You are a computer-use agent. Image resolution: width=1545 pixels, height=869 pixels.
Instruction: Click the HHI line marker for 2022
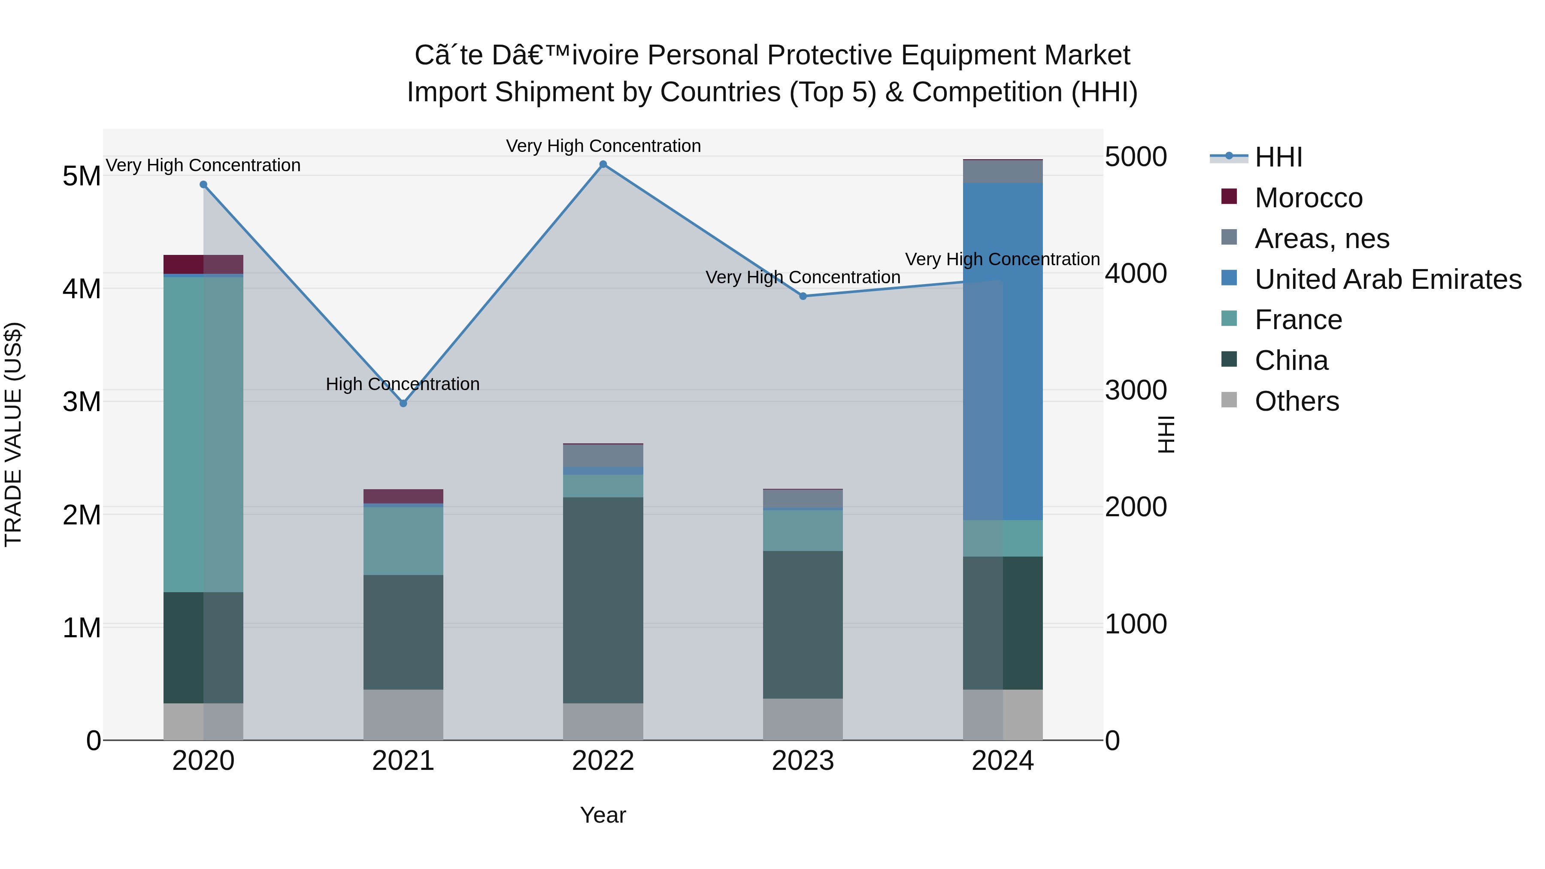click(603, 164)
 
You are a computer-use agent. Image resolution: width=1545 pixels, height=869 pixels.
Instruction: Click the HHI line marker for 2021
click(403, 403)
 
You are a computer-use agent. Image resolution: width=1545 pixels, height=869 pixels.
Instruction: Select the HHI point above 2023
click(803, 296)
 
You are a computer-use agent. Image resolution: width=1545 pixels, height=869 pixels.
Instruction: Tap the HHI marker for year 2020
click(203, 185)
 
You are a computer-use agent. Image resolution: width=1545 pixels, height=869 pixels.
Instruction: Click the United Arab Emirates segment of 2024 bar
click(1003, 351)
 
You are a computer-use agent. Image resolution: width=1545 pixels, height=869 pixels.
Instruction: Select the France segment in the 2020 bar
click(203, 434)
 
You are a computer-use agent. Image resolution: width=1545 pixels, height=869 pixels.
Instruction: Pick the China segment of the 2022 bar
click(603, 600)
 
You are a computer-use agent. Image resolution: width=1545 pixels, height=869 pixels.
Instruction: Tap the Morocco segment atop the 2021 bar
click(403, 496)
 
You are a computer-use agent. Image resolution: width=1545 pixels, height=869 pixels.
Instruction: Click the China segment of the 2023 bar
click(803, 624)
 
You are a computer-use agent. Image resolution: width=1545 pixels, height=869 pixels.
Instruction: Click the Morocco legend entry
click(1308, 198)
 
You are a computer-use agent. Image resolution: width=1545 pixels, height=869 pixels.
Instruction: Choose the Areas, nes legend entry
click(1321, 239)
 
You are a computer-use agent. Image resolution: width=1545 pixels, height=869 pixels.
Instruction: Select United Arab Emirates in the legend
click(1387, 279)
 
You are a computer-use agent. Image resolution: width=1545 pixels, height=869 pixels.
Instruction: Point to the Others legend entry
click(1296, 401)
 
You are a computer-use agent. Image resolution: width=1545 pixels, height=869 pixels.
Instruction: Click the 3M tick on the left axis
click(82, 401)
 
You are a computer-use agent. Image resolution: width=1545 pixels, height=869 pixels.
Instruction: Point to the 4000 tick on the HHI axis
click(1135, 273)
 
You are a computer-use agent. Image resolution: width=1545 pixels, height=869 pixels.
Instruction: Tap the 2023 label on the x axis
click(803, 761)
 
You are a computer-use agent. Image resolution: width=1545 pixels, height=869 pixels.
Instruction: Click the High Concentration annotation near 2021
click(403, 384)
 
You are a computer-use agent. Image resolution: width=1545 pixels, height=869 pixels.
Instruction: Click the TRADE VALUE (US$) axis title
click(13, 434)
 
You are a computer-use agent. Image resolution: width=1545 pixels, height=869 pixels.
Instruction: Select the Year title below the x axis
click(603, 815)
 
